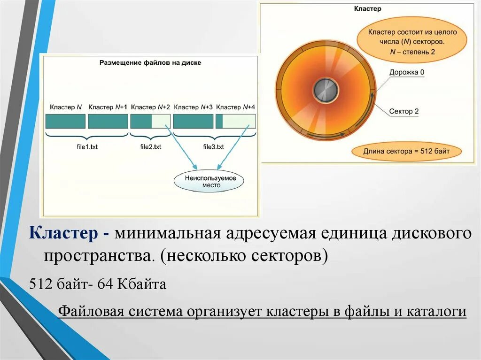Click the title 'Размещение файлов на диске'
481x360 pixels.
150,63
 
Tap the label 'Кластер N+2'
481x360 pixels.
150,107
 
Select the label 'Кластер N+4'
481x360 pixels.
236,107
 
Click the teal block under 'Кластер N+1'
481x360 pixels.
108,121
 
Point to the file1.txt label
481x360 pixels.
87,147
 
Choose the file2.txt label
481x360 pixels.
150,147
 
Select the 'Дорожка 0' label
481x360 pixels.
407,73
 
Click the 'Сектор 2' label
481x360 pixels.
403,112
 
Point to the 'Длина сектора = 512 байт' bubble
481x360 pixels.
406,152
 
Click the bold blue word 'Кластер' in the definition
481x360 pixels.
63,233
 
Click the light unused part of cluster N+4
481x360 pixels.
239,121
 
